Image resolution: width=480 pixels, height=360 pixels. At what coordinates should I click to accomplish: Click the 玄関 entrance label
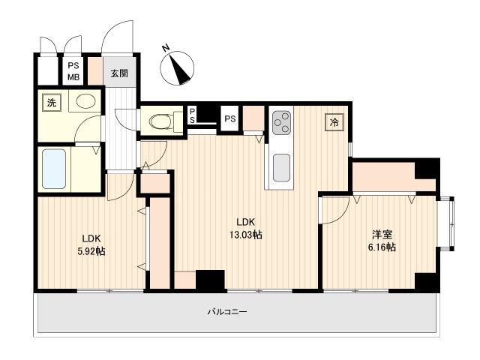(x=119, y=73)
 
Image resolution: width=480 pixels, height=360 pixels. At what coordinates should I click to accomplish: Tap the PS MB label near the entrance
(x=73, y=71)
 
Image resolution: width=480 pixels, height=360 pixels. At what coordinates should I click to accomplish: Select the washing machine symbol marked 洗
(x=52, y=103)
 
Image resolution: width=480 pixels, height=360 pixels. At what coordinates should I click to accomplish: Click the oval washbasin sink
(x=86, y=101)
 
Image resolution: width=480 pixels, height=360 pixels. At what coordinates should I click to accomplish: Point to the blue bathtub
(x=54, y=169)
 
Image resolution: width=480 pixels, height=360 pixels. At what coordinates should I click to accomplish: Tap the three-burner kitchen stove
(x=282, y=122)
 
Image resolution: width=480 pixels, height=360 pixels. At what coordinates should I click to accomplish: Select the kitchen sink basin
(x=282, y=168)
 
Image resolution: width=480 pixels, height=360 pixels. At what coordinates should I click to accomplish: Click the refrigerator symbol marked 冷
(x=334, y=122)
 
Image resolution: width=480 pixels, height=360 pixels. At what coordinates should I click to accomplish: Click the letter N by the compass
(x=166, y=48)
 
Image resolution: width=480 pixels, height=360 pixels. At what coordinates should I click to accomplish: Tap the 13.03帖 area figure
(x=246, y=235)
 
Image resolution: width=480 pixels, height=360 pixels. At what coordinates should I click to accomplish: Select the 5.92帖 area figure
(x=91, y=251)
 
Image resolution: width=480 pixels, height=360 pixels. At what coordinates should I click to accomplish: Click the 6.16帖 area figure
(x=382, y=247)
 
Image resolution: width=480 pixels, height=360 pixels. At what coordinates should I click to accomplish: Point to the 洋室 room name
(x=382, y=235)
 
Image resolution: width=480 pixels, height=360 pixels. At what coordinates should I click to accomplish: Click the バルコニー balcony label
(x=227, y=312)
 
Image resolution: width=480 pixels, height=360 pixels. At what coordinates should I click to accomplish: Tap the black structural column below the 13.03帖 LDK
(x=210, y=280)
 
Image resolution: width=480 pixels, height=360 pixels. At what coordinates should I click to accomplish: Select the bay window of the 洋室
(x=445, y=224)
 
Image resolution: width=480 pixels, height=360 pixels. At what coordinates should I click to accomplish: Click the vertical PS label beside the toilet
(x=192, y=115)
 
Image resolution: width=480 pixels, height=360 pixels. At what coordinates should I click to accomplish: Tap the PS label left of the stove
(x=230, y=118)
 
